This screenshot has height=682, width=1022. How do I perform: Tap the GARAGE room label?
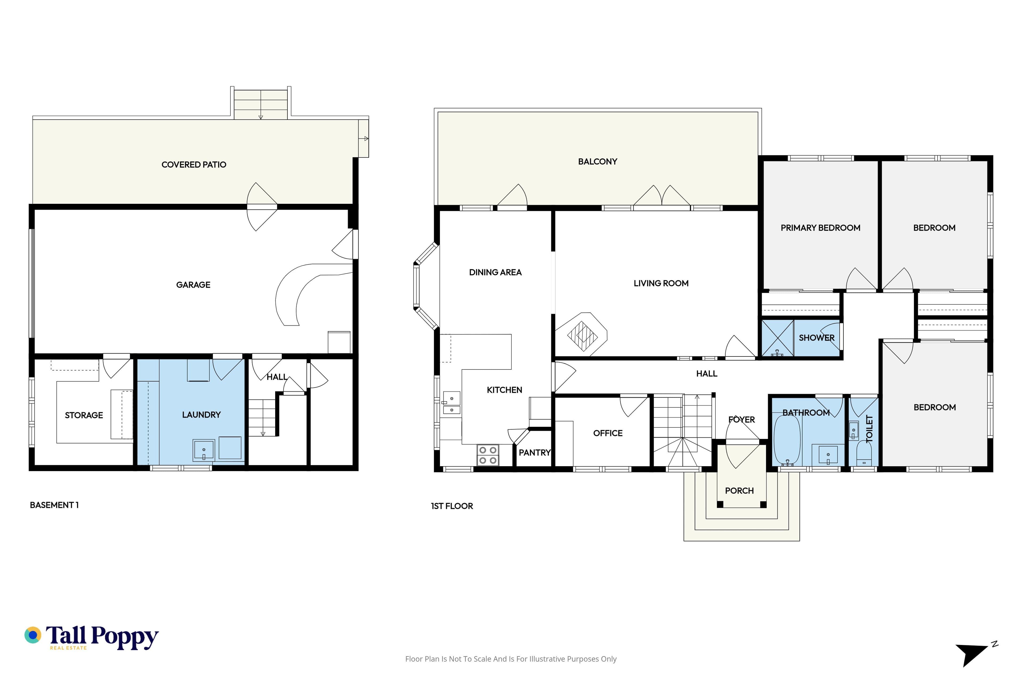[193, 285]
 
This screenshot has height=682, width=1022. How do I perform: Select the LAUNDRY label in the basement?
[202, 415]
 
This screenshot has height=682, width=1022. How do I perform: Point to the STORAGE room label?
[84, 415]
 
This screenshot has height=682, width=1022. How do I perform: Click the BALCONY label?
[597, 162]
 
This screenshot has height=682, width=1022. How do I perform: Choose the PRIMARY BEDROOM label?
[820, 228]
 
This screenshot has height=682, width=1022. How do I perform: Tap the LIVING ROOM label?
[661, 283]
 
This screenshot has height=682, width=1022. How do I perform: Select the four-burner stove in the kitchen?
[488, 455]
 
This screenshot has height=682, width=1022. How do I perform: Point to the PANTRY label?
[534, 453]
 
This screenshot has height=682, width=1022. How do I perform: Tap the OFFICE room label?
[608, 433]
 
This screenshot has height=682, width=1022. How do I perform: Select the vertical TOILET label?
[869, 429]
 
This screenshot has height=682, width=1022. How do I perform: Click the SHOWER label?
[817, 338]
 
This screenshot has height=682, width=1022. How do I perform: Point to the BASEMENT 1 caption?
[54, 505]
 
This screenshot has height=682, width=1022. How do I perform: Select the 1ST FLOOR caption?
[452, 506]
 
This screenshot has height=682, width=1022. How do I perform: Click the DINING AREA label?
[495, 273]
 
